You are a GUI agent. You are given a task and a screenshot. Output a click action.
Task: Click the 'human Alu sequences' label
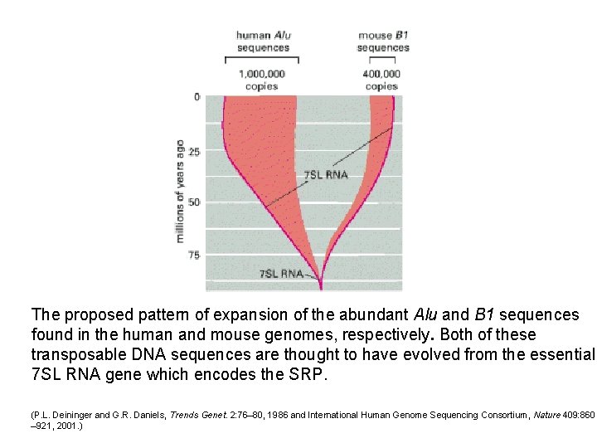point(263,41)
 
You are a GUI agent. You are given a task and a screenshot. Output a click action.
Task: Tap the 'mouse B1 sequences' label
point(383,41)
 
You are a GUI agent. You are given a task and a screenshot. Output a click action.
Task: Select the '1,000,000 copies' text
point(262,80)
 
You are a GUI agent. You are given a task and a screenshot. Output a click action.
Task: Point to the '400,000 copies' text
point(381,80)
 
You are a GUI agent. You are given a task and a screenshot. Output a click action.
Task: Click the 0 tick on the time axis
point(197,97)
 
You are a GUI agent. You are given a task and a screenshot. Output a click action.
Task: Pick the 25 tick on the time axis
point(194,152)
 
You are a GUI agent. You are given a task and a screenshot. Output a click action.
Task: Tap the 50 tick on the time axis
point(194,202)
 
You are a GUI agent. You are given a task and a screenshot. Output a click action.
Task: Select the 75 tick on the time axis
point(194,256)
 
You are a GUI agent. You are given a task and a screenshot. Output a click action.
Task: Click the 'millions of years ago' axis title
point(180,191)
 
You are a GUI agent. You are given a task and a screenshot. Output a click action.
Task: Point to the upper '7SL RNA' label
point(326,175)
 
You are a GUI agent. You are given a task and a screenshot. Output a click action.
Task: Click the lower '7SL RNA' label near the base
point(281,273)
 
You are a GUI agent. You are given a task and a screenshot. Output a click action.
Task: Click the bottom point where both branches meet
point(321,287)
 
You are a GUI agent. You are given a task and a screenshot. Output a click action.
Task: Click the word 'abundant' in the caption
point(374,315)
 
